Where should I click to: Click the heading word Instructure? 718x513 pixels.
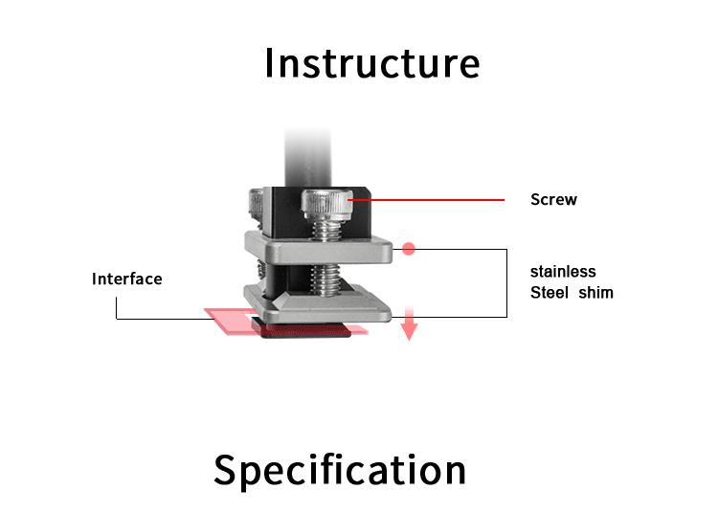(371, 63)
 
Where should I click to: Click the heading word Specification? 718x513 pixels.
(340, 470)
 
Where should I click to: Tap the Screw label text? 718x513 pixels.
(553, 200)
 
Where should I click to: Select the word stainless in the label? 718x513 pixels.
(563, 272)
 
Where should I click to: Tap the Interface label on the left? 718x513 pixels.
(126, 279)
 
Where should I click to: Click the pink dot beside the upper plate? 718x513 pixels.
(409, 249)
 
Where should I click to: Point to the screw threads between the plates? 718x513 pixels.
(325, 279)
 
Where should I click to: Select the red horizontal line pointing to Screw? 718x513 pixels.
(431, 200)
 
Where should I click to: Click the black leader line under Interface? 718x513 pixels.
(117, 308)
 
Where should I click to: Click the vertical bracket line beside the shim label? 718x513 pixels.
(505, 282)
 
